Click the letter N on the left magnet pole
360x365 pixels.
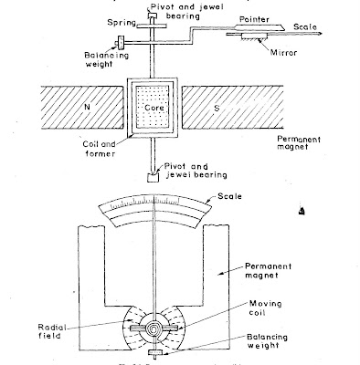coord(62,105)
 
